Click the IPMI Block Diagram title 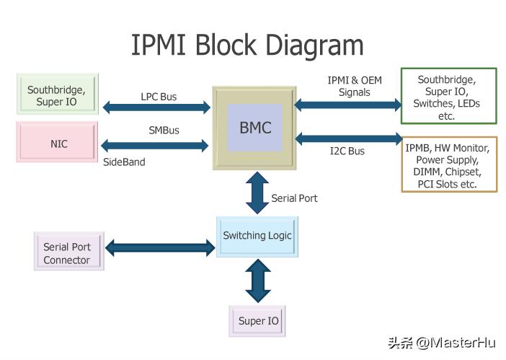coord(247,45)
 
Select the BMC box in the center coord(254,128)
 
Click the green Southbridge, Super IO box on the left coord(57,95)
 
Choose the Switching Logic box coord(257,236)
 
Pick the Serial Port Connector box coord(68,253)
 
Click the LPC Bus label coord(158,96)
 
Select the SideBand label coord(124,162)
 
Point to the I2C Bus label coord(347,151)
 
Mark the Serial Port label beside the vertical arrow coord(294,198)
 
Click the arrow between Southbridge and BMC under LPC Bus coord(156,108)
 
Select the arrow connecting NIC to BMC coord(156,144)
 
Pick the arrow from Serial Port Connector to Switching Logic coord(160,248)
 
